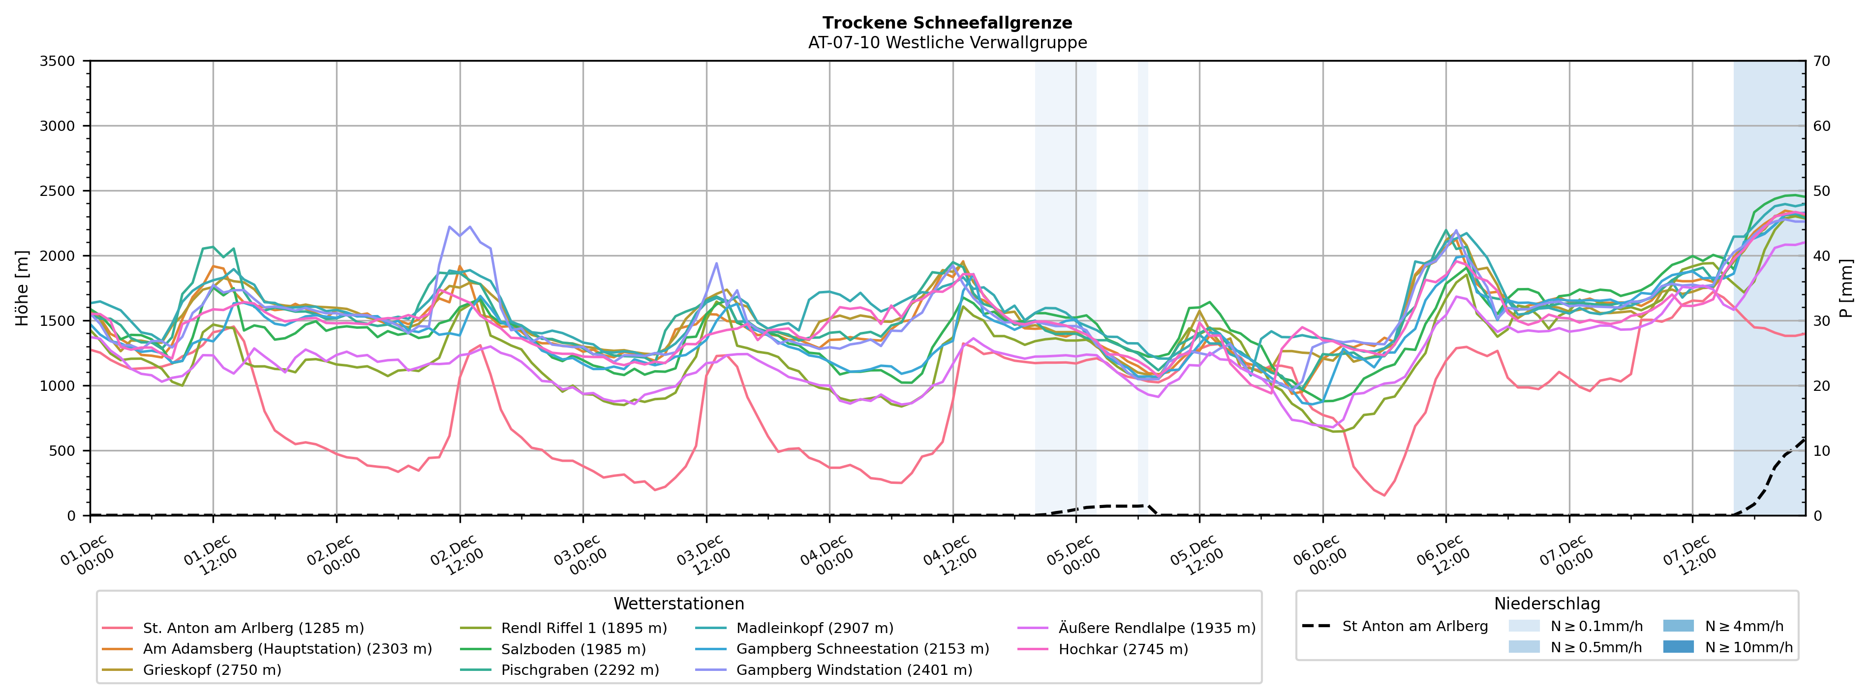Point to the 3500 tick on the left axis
58,61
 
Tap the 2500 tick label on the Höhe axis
58,191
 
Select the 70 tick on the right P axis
1822,61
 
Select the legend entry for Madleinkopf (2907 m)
815,628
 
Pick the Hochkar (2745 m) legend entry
1123,649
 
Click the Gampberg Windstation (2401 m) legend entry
854,669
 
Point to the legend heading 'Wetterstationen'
679,603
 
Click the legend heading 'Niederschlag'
1546,603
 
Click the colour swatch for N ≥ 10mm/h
1678,646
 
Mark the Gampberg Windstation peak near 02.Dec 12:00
449,226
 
